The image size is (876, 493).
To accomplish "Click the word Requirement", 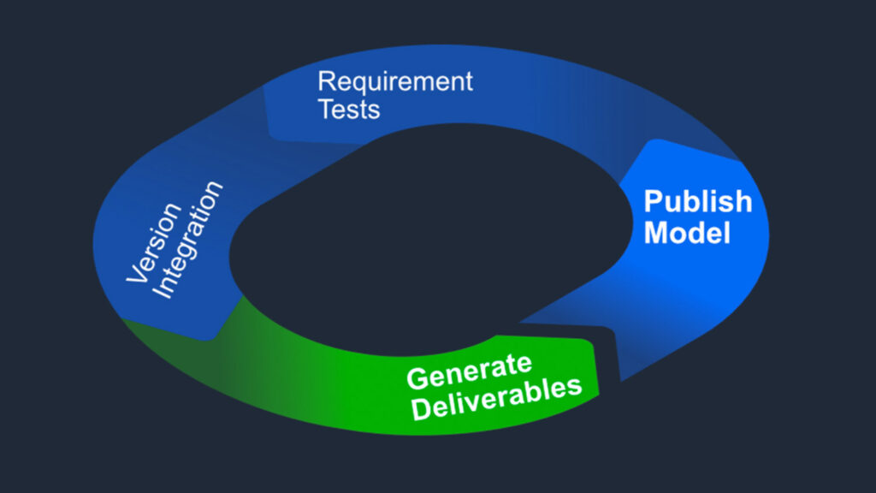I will click(395, 83).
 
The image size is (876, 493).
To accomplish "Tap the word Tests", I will click(349, 110).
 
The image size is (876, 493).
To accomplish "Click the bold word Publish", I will click(697, 202).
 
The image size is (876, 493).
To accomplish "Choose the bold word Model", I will click(687, 233).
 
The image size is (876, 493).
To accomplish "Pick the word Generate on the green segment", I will click(468, 371).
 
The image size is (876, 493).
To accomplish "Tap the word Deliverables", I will click(497, 396).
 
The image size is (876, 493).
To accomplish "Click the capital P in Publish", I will click(653, 202).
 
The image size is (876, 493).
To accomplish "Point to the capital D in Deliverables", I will click(420, 409).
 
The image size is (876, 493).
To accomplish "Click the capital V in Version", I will click(134, 276).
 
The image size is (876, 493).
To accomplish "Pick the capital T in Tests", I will click(326, 110).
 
